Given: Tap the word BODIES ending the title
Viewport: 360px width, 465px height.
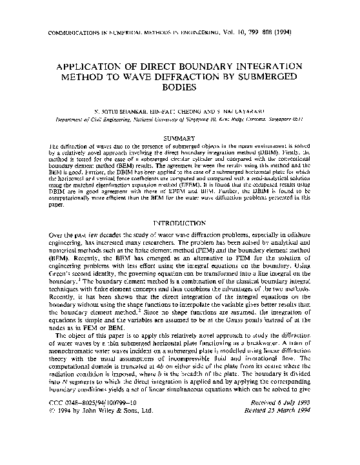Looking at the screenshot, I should coord(180,91).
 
